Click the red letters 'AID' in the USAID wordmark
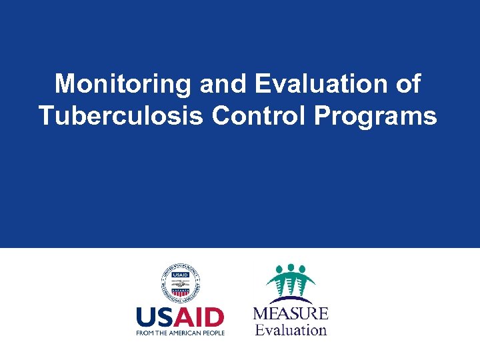point(202,317)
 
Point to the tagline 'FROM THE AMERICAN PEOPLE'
point(180,332)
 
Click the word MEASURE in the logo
point(291,313)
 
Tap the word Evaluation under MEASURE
point(291,329)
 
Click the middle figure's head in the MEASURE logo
point(291,267)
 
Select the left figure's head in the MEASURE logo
point(279,270)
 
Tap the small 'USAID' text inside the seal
point(180,274)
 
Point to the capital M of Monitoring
point(66,85)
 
